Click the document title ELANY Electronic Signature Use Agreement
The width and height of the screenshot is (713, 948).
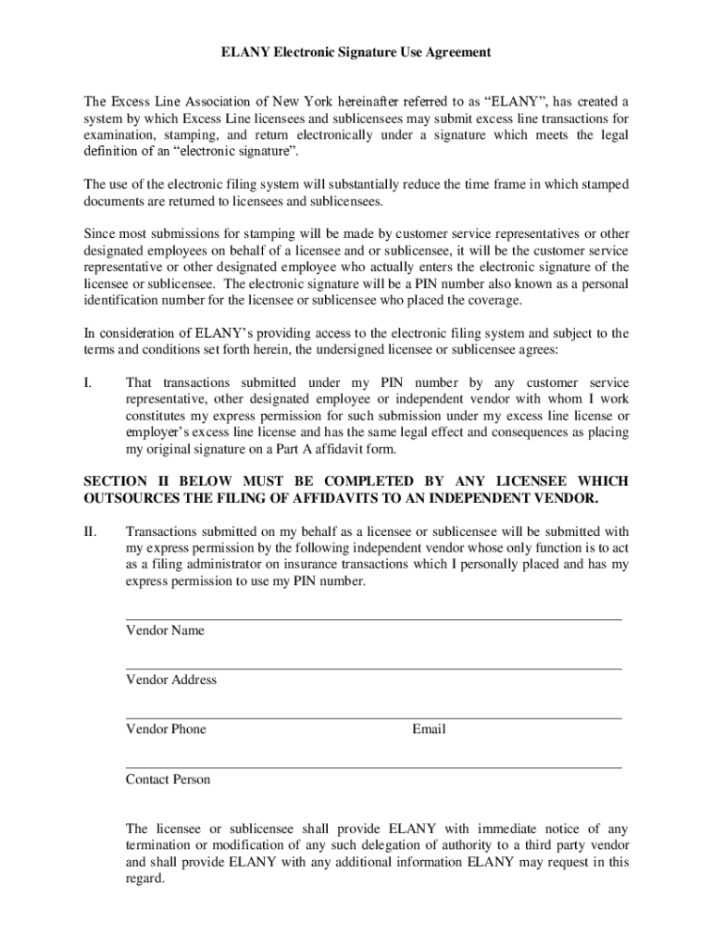click(356, 53)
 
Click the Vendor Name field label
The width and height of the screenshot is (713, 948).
click(165, 631)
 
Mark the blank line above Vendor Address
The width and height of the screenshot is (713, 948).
click(373, 668)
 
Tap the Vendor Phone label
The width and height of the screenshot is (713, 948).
click(166, 730)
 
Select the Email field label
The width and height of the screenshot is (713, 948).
click(429, 730)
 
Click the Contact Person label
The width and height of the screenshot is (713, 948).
click(168, 780)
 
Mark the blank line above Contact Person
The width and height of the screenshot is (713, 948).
click(373, 767)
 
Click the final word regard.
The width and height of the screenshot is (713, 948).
click(144, 879)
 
